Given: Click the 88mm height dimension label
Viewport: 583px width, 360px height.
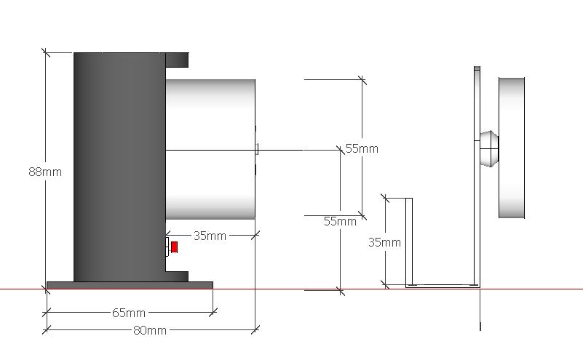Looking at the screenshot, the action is click(45, 172).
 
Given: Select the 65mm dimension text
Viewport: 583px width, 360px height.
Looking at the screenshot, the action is click(129, 313).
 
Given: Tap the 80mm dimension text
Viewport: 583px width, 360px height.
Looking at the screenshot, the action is click(150, 330).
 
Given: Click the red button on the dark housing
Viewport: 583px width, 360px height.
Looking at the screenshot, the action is click(174, 247).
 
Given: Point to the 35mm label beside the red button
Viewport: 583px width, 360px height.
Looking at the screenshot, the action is click(210, 236).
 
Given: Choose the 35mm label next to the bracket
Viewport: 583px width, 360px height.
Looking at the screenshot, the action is click(384, 243).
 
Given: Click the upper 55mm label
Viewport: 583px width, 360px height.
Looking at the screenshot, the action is click(362, 148).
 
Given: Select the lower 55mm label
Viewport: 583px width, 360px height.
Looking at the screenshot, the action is click(340, 221).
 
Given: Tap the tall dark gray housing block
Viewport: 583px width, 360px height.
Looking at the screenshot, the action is click(119, 167).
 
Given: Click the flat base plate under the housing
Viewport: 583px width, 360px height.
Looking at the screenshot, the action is click(130, 285).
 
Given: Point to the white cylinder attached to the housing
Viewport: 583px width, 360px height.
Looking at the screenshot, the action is click(210, 149).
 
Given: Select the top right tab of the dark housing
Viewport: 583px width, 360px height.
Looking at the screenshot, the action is click(177, 60).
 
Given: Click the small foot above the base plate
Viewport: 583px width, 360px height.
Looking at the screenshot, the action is click(177, 277).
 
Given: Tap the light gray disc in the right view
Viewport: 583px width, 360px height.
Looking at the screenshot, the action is click(512, 148).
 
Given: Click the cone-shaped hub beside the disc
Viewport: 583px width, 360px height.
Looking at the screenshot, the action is click(489, 148).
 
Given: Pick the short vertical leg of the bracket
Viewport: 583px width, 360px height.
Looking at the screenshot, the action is click(409, 242).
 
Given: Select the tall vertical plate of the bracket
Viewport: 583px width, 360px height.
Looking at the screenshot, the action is click(477, 177).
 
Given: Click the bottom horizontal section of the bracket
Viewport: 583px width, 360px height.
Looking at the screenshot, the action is click(443, 286).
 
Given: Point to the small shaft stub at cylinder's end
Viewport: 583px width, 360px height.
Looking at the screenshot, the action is click(257, 149).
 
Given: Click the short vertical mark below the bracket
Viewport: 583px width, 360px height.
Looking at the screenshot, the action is click(480, 327).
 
